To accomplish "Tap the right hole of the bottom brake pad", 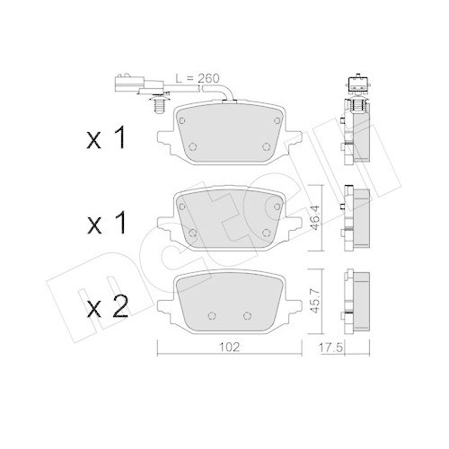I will (x=249, y=315).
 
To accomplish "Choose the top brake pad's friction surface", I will (x=229, y=135).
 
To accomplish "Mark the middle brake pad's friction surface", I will (x=229, y=220).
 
